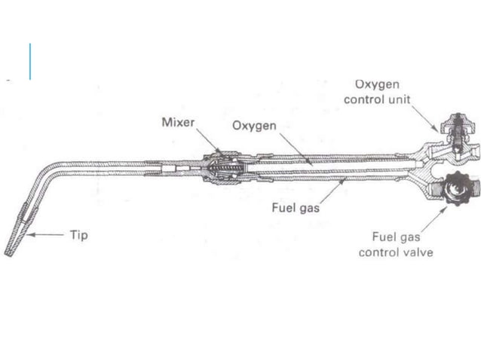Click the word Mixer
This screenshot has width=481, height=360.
[178, 122]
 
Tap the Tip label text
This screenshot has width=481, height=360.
[78, 235]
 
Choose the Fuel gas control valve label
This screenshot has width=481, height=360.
[396, 243]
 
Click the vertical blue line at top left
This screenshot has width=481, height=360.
[30, 62]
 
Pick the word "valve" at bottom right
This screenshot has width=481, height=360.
[418, 252]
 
